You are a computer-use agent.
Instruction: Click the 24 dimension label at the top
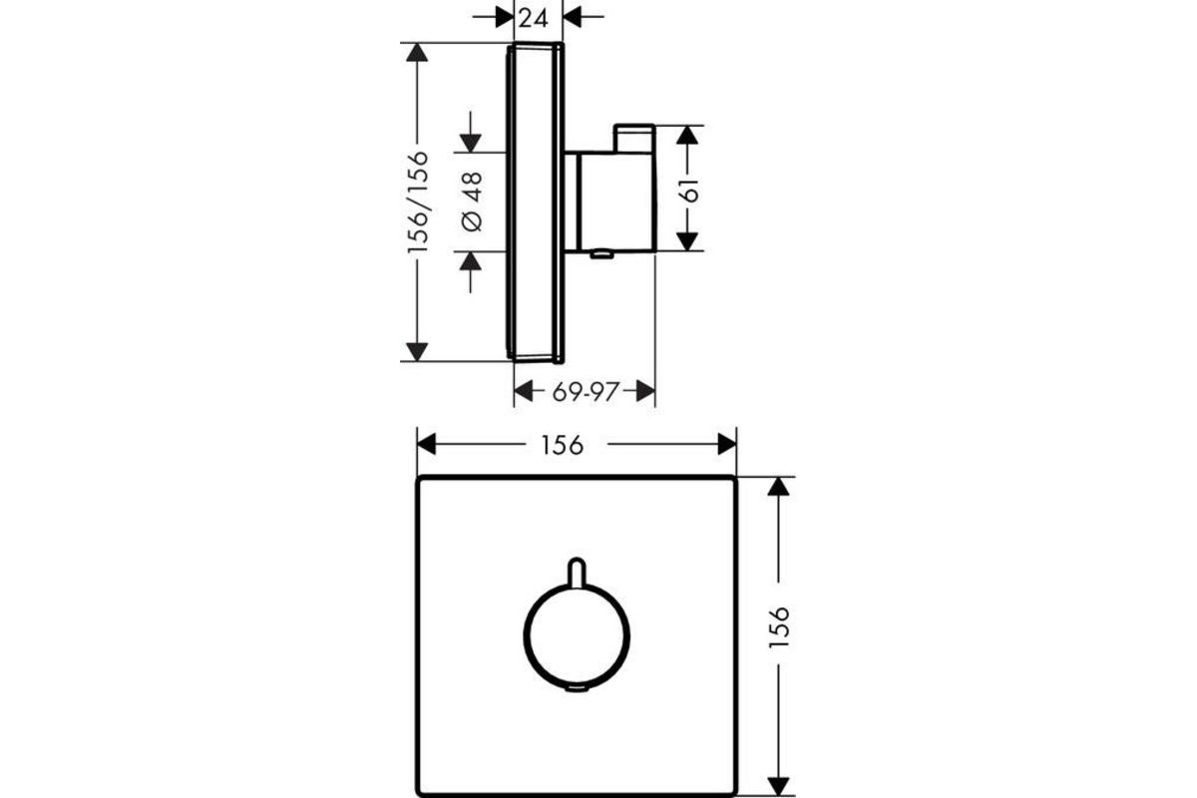pyautogui.click(x=534, y=19)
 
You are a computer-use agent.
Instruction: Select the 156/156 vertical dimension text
pyautogui.click(x=418, y=202)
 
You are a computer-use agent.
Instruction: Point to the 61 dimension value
pyautogui.click(x=690, y=191)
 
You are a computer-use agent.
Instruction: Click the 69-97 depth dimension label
pyautogui.click(x=586, y=392)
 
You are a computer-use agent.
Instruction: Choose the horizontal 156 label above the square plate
pyautogui.click(x=563, y=445)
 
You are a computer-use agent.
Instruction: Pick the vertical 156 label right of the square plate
pyautogui.click(x=779, y=627)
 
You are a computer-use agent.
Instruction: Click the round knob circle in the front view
pyautogui.click(x=524, y=636)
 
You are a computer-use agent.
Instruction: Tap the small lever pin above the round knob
pyautogui.click(x=577, y=572)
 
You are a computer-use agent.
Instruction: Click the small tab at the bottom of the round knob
pyautogui.click(x=578, y=688)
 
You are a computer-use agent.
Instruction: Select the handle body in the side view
pyautogui.click(x=614, y=201)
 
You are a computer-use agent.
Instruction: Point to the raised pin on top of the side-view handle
pyautogui.click(x=634, y=138)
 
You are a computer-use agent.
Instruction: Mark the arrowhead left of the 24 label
pyautogui.click(x=505, y=17)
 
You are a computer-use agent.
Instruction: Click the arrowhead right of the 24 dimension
pyautogui.click(x=572, y=17)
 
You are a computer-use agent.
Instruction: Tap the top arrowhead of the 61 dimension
pyautogui.click(x=687, y=135)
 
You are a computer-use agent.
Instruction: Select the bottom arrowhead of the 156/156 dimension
pyautogui.click(x=417, y=352)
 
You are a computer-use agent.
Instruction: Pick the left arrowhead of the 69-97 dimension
pyautogui.click(x=523, y=391)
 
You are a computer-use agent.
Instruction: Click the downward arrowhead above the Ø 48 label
pyautogui.click(x=470, y=144)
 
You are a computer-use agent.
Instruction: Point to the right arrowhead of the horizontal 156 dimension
pyautogui.click(x=727, y=444)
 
